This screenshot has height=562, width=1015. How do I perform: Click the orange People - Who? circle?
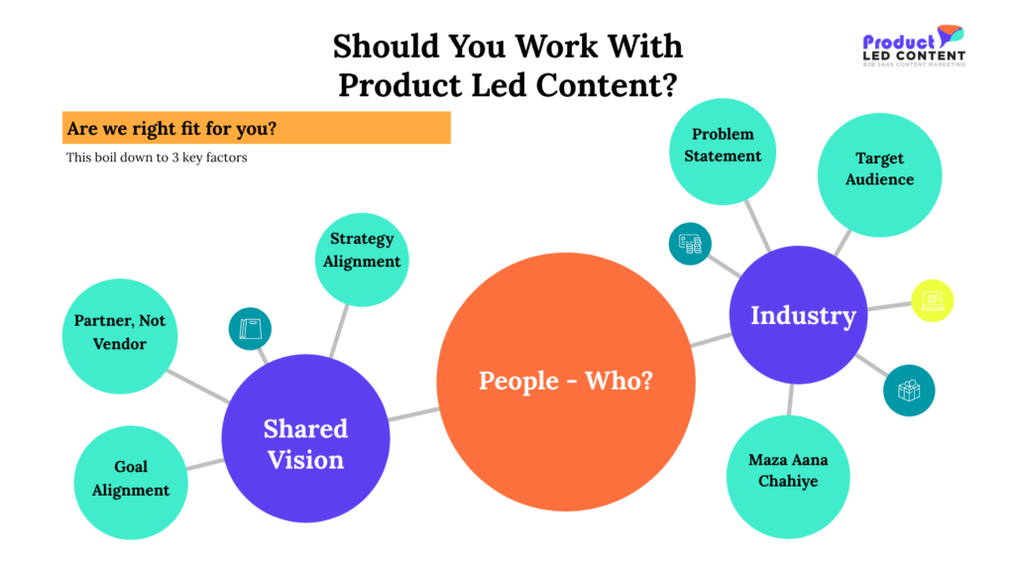(x=566, y=382)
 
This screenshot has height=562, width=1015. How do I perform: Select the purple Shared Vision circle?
(x=305, y=438)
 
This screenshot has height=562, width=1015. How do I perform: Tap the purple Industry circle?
(x=798, y=314)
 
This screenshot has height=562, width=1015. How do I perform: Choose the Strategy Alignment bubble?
(x=362, y=260)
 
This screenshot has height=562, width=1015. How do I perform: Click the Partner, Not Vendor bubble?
(x=120, y=336)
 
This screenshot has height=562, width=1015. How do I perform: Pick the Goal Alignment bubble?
(x=131, y=483)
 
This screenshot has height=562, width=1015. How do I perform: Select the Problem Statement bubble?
(x=723, y=152)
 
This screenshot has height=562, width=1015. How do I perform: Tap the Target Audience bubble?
(x=880, y=174)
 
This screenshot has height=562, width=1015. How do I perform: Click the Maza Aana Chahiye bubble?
(x=788, y=477)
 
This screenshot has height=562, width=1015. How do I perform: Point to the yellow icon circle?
(x=932, y=300)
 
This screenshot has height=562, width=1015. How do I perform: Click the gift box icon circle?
(x=909, y=391)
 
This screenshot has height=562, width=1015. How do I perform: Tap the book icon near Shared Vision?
(x=250, y=329)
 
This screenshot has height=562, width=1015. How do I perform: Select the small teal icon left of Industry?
(x=690, y=244)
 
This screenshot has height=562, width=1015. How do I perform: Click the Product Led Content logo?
(x=914, y=46)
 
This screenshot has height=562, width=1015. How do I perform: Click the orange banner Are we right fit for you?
(x=257, y=128)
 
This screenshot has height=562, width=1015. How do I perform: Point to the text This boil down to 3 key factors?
(x=157, y=158)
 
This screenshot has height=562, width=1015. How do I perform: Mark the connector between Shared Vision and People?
(x=414, y=414)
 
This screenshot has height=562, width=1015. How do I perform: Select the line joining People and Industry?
(x=712, y=340)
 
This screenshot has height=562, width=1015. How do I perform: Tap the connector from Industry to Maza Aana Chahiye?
(x=790, y=399)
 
